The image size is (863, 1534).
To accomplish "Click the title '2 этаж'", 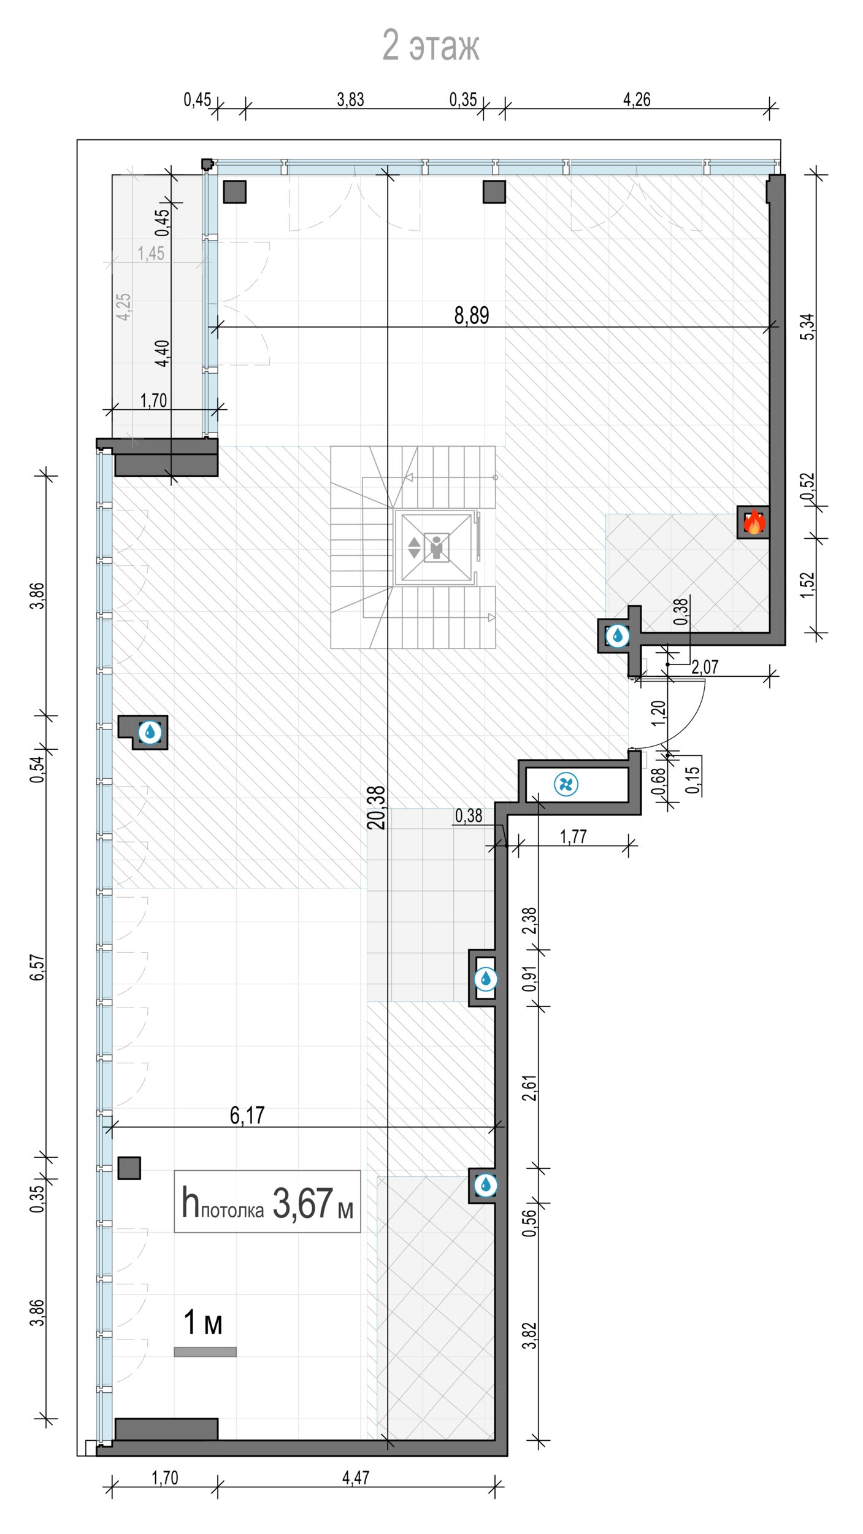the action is coord(431,45).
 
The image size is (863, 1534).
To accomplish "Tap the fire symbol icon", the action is coord(754,523).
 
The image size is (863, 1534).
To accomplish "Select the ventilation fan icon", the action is coord(566,784).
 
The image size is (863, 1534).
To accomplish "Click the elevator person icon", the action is coord(436,547).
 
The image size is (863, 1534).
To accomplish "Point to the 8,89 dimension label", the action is coord(471,315).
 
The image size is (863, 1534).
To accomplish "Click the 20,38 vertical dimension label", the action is coord(377,807).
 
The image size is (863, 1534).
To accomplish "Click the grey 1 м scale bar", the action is coord(205,1352).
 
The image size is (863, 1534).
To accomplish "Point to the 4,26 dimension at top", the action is coord(637,99).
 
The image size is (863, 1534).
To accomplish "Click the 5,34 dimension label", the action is coord(809,326).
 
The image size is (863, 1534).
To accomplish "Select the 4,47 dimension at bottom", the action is coord(356,1478).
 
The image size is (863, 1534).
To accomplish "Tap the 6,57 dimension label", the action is coord(37,968).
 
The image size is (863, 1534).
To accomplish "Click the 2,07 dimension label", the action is coord(705,667).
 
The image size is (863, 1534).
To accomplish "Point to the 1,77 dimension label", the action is coord(573,836).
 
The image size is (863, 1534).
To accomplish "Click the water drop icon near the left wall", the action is coord(150,732).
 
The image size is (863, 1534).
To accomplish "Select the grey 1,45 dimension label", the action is coord(151,253).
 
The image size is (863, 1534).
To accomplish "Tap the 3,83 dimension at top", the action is coord(350,99).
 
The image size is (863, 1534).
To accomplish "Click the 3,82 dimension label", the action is coord(529,1335).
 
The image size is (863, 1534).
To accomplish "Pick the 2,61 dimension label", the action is coord(529,1087).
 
